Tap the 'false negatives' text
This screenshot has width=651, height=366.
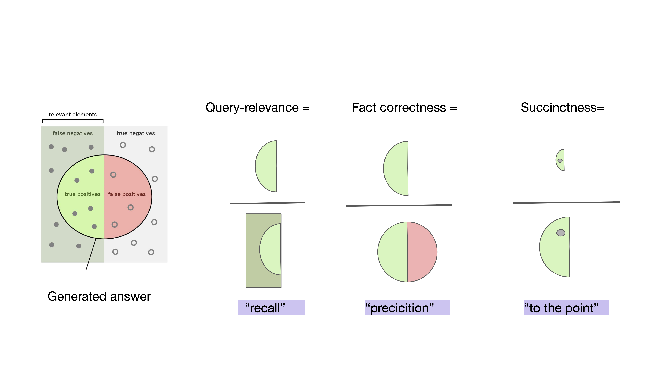73,133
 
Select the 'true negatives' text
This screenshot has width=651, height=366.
136,133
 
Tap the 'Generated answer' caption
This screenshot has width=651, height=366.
99,296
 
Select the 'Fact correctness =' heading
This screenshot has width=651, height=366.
404,108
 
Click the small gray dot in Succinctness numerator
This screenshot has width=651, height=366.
560,161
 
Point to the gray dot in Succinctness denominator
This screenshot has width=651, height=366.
561,233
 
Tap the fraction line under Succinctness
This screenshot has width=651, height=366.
566,203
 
